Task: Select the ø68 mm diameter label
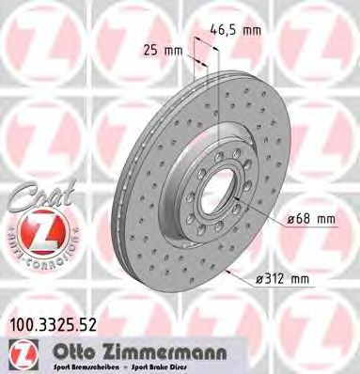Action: [x=309, y=220]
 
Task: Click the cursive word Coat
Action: [x=36, y=196]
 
